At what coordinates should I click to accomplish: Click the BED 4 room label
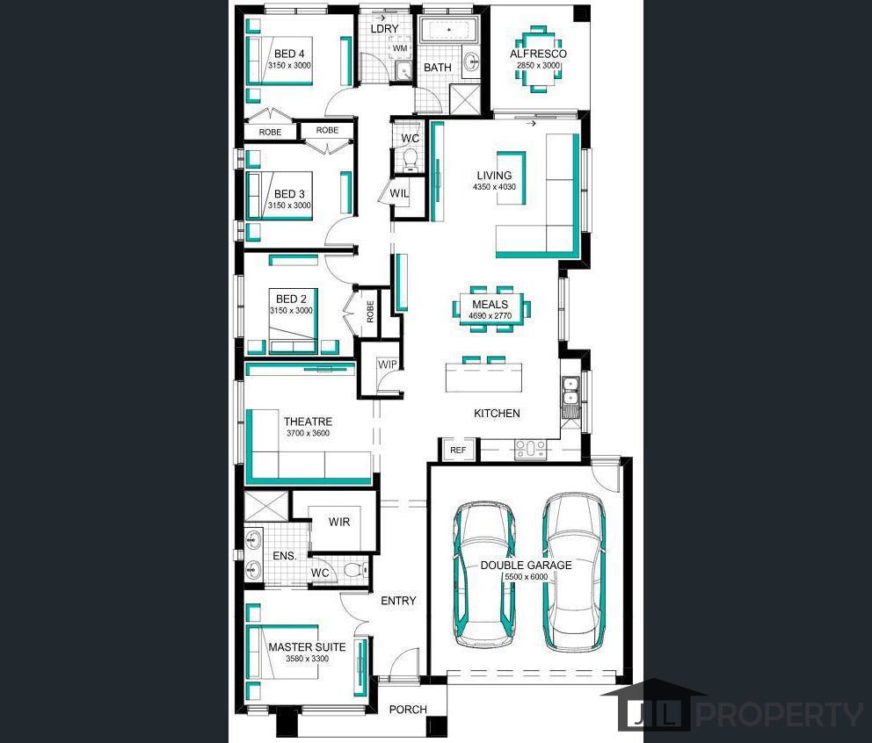(289, 54)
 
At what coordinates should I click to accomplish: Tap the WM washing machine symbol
(400, 48)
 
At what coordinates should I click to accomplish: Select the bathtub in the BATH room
(448, 29)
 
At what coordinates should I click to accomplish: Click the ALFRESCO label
(538, 54)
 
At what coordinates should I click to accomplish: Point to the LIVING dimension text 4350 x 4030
(494, 187)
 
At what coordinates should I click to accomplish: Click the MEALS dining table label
(490, 305)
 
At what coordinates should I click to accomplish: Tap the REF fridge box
(458, 450)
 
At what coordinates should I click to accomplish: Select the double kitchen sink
(570, 391)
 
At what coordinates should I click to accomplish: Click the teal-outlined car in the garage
(483, 574)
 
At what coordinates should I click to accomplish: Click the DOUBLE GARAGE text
(526, 566)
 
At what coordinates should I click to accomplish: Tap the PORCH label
(408, 710)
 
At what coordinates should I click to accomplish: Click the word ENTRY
(398, 601)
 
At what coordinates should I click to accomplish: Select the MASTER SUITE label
(307, 647)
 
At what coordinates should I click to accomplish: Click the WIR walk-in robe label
(339, 522)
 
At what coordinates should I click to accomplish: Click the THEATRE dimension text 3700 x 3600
(308, 434)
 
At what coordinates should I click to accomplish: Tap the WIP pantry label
(387, 364)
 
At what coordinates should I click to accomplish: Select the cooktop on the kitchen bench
(531, 449)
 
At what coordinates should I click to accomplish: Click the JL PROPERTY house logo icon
(653, 704)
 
